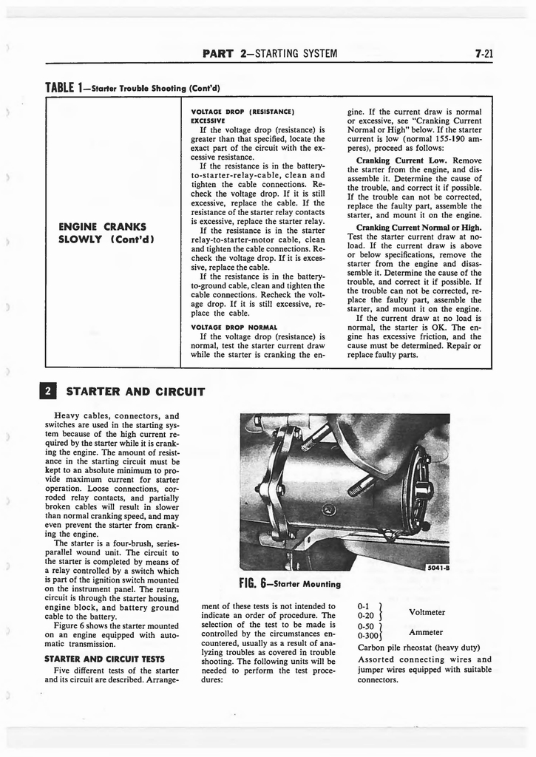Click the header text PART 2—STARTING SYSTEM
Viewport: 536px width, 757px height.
click(x=269, y=53)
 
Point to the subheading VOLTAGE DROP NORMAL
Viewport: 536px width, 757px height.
click(x=234, y=327)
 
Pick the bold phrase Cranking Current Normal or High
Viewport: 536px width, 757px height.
click(x=418, y=227)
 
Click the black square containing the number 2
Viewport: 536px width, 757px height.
click(x=51, y=391)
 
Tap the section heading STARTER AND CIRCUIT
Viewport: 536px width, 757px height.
click(x=135, y=391)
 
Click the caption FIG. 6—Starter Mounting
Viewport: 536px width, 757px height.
click(x=290, y=583)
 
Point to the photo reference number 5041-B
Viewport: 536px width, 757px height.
click(x=437, y=567)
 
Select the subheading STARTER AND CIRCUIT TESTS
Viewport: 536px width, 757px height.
click(x=104, y=659)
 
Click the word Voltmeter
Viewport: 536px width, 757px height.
click(x=427, y=612)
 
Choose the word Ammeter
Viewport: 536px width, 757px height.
click(x=426, y=632)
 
